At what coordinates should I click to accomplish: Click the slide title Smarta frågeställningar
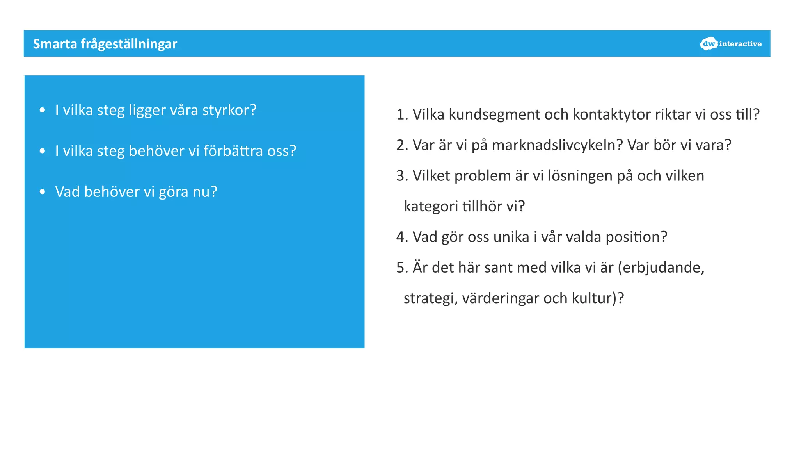(x=105, y=44)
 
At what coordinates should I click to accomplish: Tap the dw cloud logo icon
(x=708, y=44)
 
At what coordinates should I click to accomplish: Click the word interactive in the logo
(x=740, y=44)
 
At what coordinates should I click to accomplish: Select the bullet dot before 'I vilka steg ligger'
(x=43, y=110)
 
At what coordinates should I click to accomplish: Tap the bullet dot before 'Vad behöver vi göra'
(x=43, y=192)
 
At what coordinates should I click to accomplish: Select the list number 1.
(x=401, y=115)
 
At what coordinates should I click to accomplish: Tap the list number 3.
(x=401, y=176)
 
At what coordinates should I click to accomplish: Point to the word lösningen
(x=580, y=176)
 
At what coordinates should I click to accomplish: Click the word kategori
(x=431, y=207)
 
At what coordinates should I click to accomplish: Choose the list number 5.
(x=401, y=268)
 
